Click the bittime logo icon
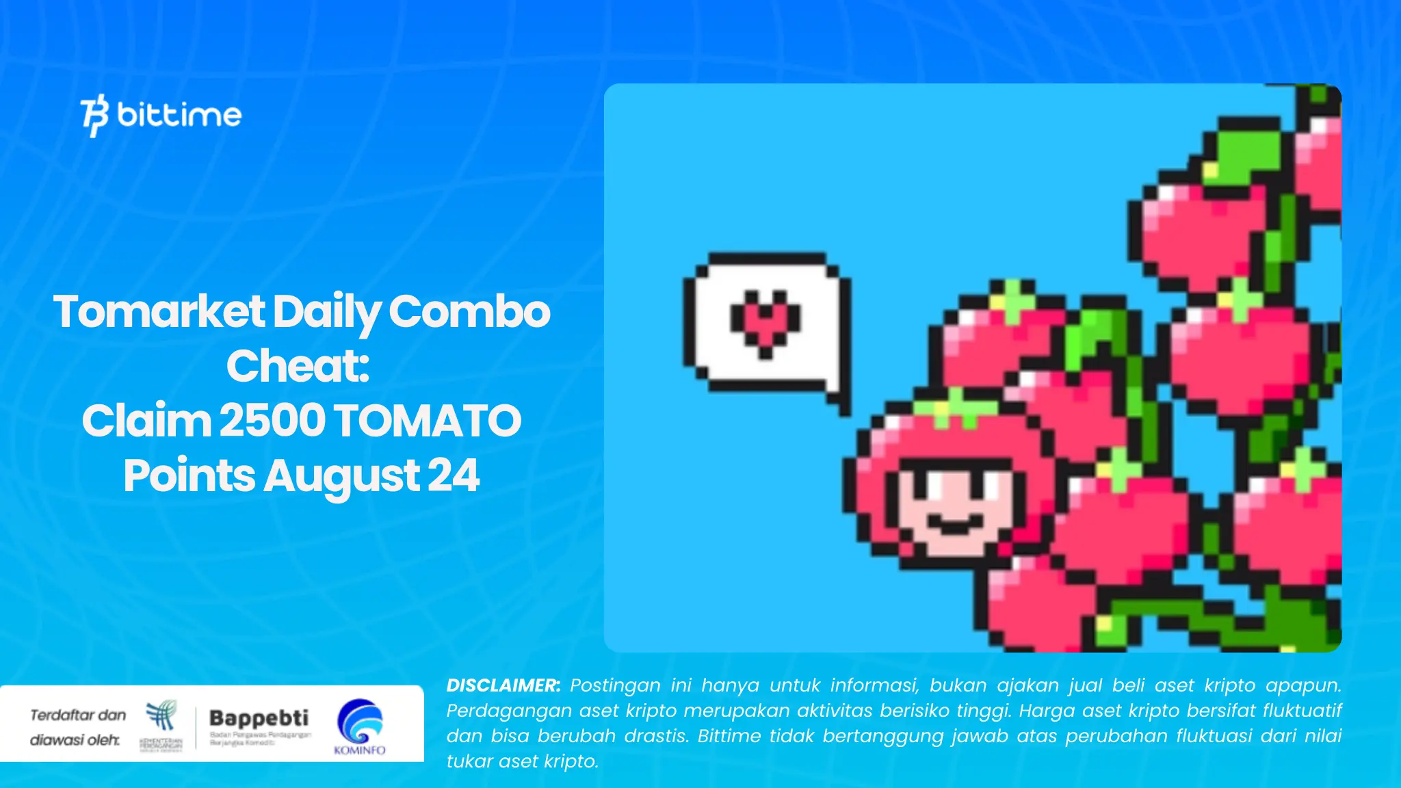94,115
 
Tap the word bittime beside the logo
179,114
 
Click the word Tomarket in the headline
159,312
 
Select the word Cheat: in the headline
298,366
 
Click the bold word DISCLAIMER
503,685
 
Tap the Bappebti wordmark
259,718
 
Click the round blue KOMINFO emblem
360,721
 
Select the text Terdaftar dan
78,715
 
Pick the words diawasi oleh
75,740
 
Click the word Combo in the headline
469,312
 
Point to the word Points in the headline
189,475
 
